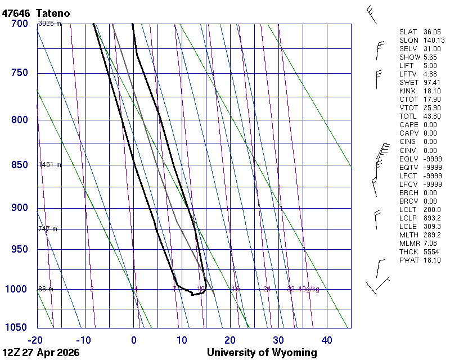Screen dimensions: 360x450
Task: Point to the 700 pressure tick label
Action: (x=19, y=24)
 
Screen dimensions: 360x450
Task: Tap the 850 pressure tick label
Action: (x=19, y=165)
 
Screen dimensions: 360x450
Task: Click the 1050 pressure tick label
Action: (x=16, y=327)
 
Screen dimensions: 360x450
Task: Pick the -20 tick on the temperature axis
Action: (x=36, y=340)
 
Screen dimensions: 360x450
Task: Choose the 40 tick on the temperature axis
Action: (x=327, y=340)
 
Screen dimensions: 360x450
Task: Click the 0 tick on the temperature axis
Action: (x=134, y=340)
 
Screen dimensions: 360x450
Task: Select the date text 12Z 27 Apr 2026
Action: (x=40, y=353)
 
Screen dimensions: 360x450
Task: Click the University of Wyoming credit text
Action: (x=262, y=353)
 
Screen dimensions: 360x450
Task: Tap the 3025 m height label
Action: (x=49, y=24)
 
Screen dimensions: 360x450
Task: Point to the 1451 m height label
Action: (x=49, y=165)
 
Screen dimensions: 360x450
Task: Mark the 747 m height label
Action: (x=48, y=229)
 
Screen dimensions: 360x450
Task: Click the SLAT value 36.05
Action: (x=432, y=32)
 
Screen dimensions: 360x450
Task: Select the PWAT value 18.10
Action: (x=432, y=260)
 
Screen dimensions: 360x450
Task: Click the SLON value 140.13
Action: (x=434, y=40)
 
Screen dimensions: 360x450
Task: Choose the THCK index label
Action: (x=408, y=251)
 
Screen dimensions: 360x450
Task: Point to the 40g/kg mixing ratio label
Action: (x=309, y=289)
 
